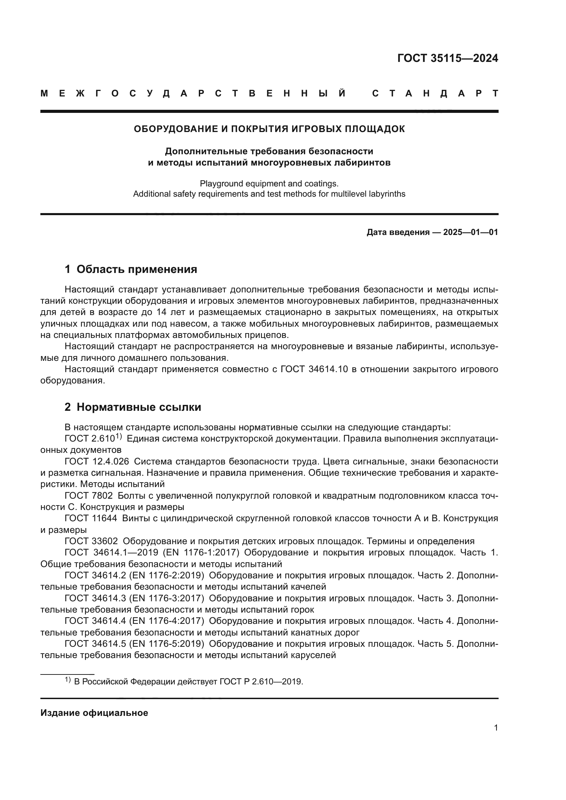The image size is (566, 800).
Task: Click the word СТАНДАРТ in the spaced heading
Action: click(435, 93)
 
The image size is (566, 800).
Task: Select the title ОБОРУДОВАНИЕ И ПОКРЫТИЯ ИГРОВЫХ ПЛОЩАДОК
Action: click(269, 129)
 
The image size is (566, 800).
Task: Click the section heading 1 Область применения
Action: click(131, 269)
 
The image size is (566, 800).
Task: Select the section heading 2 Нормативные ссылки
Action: click(133, 407)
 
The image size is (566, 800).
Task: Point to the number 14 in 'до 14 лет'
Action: click(162, 312)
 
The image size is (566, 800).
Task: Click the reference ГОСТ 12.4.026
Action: click(97, 462)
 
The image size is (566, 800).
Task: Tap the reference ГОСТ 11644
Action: click(91, 519)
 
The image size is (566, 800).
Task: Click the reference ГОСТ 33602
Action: click(91, 541)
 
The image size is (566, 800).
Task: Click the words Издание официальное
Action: click(94, 713)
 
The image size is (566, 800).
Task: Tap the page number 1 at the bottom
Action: click(496, 728)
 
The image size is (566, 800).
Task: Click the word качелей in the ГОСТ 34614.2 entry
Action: click(308, 587)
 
